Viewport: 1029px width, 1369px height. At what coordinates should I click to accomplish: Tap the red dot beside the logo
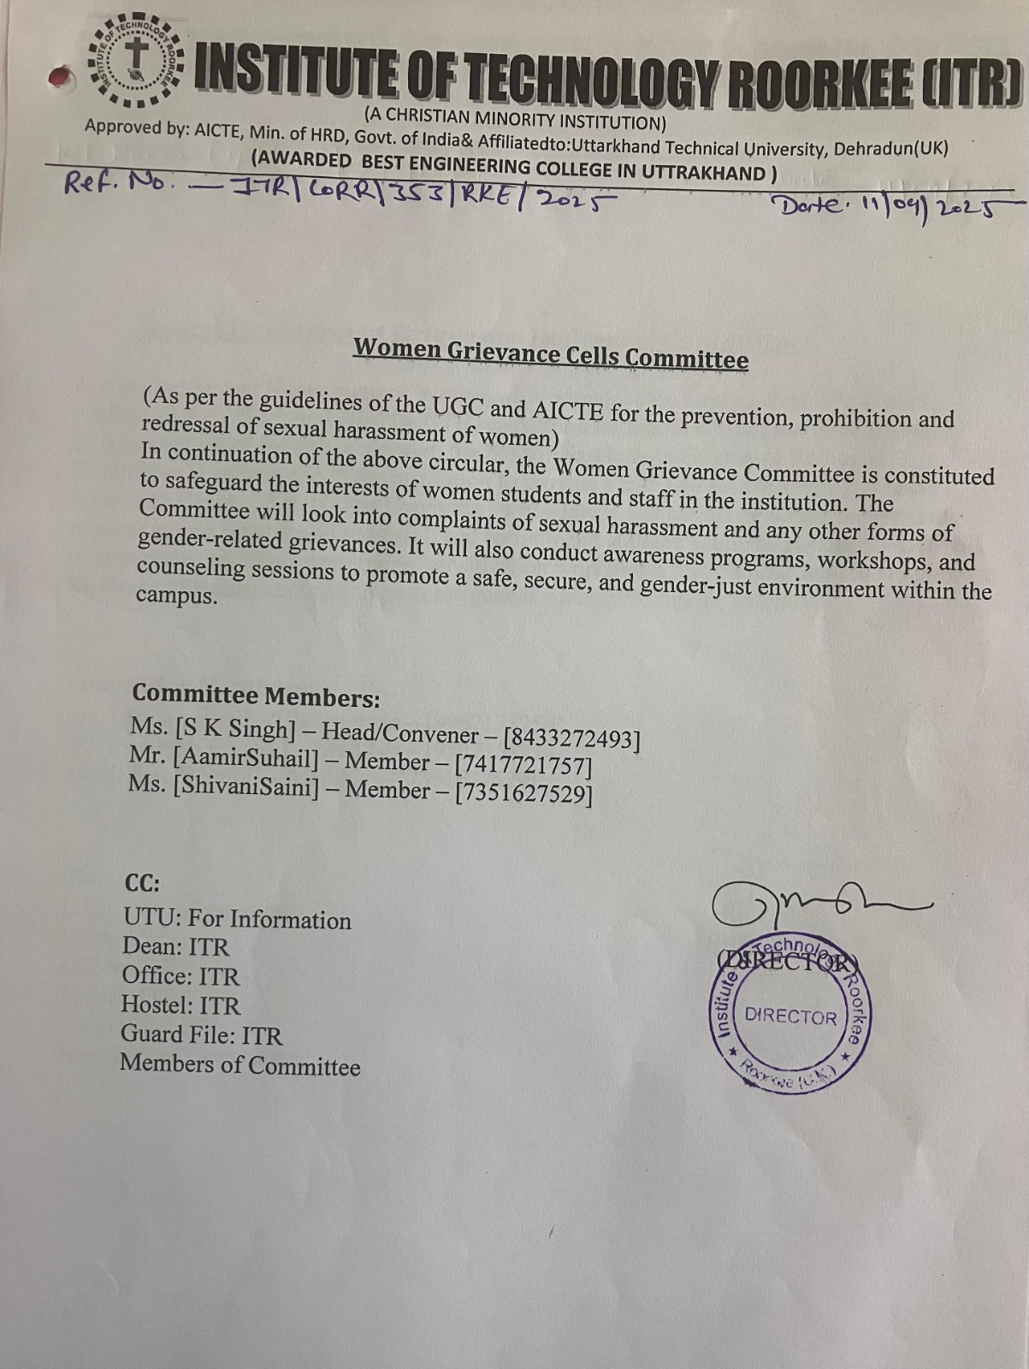[x=59, y=78]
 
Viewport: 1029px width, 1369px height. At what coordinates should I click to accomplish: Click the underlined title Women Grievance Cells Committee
[x=551, y=353]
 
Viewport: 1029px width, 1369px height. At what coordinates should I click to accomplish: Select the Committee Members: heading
[x=256, y=696]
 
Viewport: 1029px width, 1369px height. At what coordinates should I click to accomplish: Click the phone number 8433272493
[x=571, y=738]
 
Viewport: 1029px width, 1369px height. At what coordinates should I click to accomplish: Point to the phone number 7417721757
[x=523, y=764]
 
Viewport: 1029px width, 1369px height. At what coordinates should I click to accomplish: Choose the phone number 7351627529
[x=523, y=793]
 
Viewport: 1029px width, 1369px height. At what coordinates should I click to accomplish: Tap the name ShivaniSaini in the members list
[x=246, y=786]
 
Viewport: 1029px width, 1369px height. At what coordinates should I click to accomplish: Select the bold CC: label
[x=142, y=883]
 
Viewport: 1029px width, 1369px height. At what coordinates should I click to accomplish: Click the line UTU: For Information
[x=237, y=919]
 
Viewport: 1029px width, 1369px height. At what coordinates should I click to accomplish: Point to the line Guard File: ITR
[x=201, y=1034]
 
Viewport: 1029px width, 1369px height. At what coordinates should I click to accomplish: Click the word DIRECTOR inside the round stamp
[x=790, y=1016]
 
